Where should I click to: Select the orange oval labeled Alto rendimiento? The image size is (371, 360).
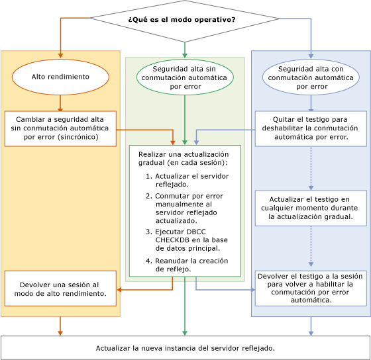coord(60,77)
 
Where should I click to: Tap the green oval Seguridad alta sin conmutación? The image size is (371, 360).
coord(185,77)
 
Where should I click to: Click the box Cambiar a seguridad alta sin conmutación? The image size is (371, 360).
coord(60,128)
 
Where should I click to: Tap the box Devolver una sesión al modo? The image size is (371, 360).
coord(60,288)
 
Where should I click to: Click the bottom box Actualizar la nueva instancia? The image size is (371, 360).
coord(185,347)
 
